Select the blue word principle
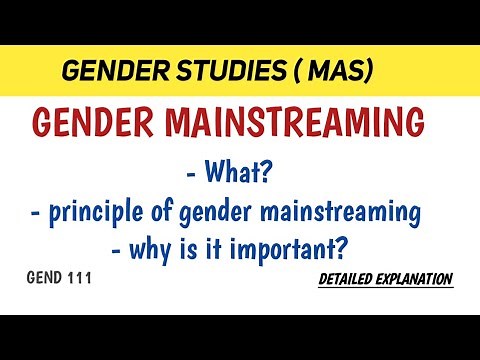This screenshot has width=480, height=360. coord(117,213)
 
